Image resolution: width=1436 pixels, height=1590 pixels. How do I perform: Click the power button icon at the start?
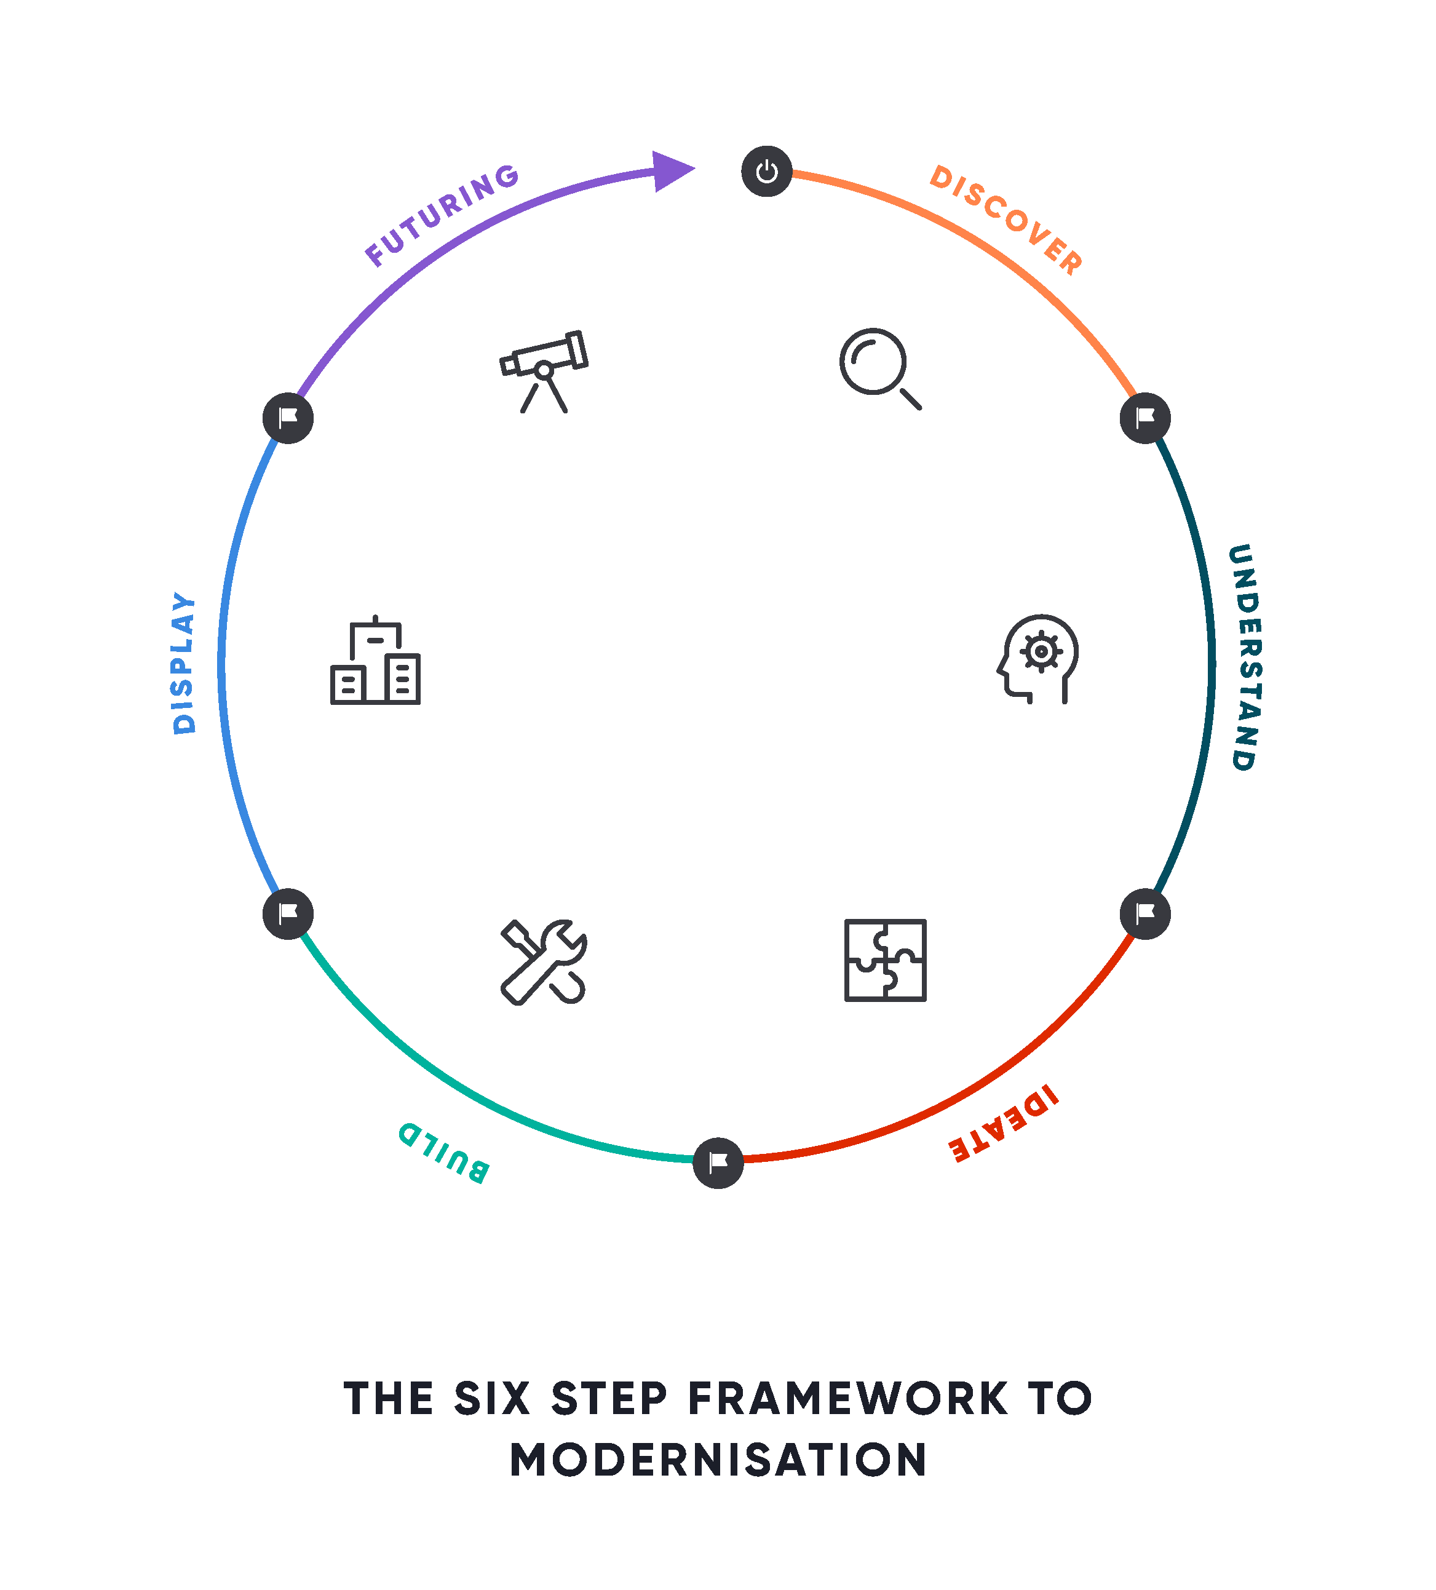[x=766, y=171]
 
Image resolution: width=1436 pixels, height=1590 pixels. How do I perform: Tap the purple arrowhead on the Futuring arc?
[x=671, y=170]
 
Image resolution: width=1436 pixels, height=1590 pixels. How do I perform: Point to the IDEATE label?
[x=1004, y=1123]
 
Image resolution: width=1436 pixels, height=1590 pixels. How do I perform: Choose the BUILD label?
[x=444, y=1152]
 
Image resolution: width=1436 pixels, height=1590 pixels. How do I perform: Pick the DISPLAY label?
[x=184, y=662]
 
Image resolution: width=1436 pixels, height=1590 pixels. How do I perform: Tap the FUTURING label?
[x=442, y=215]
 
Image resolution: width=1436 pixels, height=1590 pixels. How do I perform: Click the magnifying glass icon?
[x=879, y=368]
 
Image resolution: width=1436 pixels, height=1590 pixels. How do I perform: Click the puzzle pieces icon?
[x=885, y=960]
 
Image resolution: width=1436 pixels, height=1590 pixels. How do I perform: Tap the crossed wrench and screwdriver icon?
[x=543, y=961]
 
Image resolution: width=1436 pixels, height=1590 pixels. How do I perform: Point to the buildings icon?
[x=375, y=661]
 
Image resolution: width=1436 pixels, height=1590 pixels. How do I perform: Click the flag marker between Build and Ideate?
[x=718, y=1163]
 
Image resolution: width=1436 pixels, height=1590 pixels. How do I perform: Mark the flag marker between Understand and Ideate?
[x=1145, y=913]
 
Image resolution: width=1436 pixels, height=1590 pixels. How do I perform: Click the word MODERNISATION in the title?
[x=718, y=1459]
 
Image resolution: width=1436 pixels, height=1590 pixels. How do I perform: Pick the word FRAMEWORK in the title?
[x=847, y=1398]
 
